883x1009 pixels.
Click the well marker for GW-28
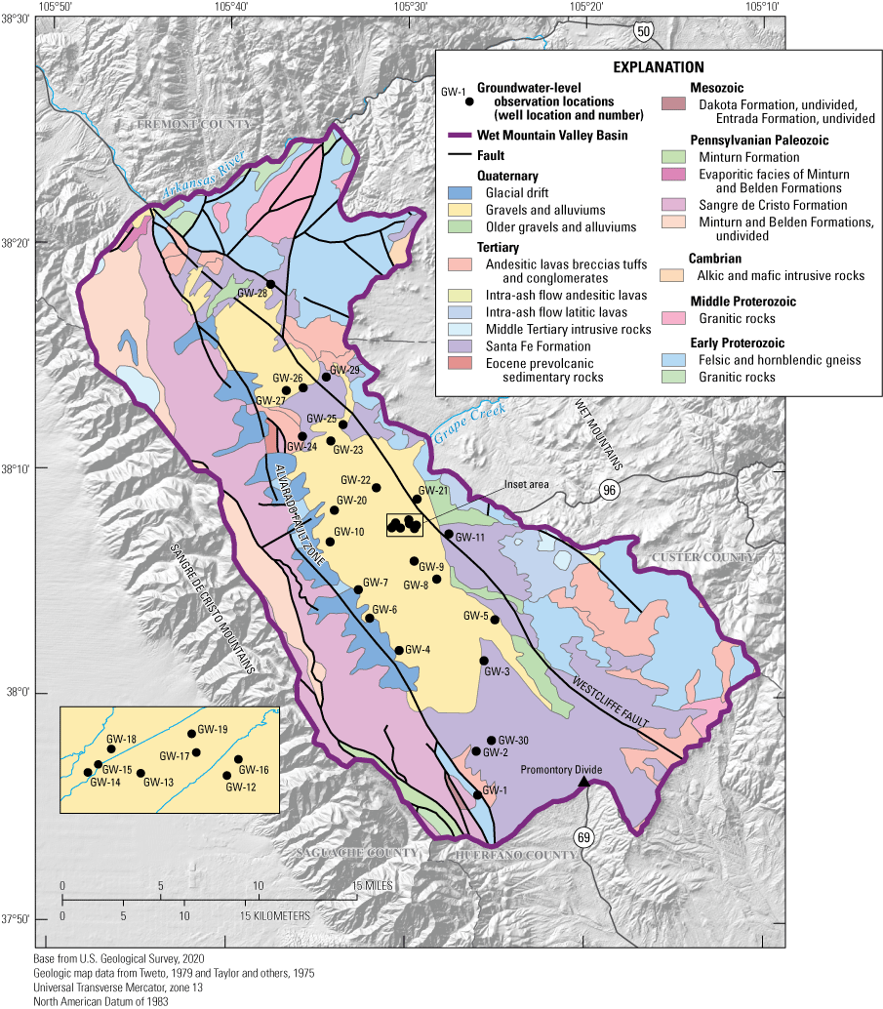click(271, 284)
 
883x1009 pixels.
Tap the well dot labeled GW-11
click(449, 534)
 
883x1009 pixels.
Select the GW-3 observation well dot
click(484, 661)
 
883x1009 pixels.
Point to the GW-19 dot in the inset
click(192, 734)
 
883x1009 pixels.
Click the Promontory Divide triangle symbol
click(583, 782)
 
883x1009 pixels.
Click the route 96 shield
click(611, 492)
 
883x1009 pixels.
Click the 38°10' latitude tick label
click(17, 469)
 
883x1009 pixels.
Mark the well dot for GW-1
click(477, 795)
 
